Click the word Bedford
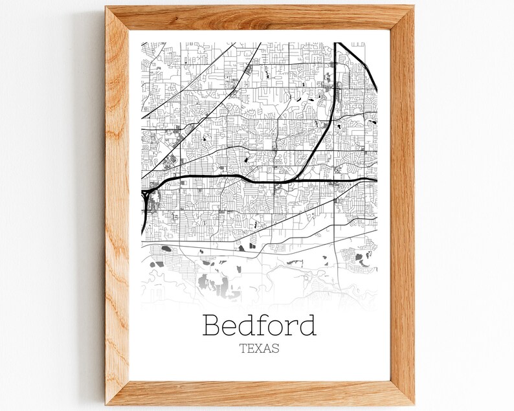(x=260, y=325)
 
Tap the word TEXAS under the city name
(x=260, y=348)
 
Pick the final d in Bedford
(x=307, y=325)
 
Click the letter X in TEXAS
(x=260, y=348)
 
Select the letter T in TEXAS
(x=243, y=348)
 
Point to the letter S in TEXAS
(x=276, y=348)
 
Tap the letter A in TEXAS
(x=268, y=348)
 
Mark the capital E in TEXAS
(x=251, y=348)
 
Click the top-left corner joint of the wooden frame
(x=118, y=17)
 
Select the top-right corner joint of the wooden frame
(x=402, y=17)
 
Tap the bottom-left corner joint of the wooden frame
(x=118, y=394)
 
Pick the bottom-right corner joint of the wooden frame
(x=402, y=394)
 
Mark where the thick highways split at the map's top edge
(x=337, y=44)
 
